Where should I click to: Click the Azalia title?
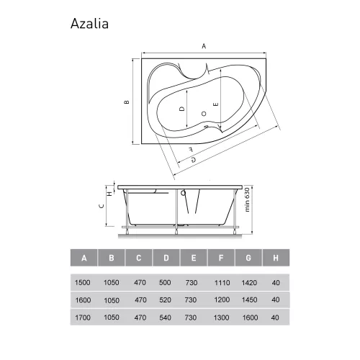click(89, 24)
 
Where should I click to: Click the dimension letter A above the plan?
click(204, 46)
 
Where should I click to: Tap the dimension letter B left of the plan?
click(127, 102)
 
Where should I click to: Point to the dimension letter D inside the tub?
click(182, 109)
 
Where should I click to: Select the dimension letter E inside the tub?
click(216, 104)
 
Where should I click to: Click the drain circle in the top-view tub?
click(204, 114)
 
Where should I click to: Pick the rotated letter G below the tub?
click(193, 159)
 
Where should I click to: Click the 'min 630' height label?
click(247, 199)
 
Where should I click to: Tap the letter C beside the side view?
click(102, 206)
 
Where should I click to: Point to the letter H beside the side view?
click(109, 194)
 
